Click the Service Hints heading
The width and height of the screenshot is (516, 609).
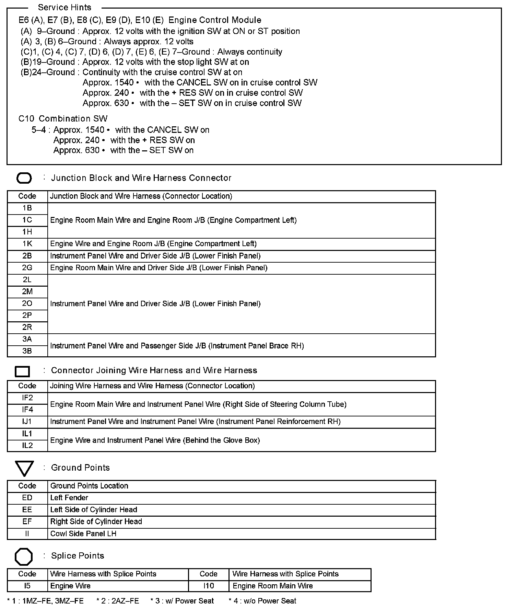[x=64, y=7]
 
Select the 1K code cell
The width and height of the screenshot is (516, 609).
[x=27, y=244]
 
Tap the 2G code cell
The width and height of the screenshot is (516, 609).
[x=27, y=268]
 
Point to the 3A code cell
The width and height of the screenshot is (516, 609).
[x=27, y=339]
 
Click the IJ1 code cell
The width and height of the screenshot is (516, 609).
[x=27, y=422]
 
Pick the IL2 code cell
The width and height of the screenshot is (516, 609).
[x=27, y=446]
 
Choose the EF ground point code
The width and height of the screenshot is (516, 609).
[x=27, y=522]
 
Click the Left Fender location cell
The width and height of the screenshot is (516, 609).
[x=69, y=498]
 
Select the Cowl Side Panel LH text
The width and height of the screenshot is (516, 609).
[x=83, y=534]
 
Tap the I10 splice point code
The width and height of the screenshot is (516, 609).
[x=209, y=586]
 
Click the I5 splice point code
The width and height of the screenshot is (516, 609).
[x=27, y=586]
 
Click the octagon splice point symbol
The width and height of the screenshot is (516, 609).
[x=24, y=556]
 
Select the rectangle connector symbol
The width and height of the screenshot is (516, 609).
[x=22, y=371]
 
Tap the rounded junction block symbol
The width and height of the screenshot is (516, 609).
[x=24, y=178]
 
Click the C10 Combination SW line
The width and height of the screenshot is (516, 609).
[x=63, y=119]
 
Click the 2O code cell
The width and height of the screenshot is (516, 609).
[x=27, y=303]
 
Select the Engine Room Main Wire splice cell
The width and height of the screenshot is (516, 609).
[x=273, y=586]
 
